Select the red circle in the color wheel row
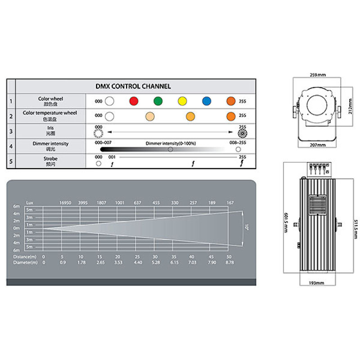[x=133, y=101]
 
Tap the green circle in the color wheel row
[x=157, y=101]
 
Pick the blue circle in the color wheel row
[x=207, y=101]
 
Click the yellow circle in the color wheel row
[x=182, y=101]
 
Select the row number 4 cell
[x=11, y=146]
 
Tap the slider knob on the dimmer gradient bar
[x=170, y=149]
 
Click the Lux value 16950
[x=66, y=203]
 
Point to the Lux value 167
[x=230, y=203]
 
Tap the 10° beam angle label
[x=247, y=228]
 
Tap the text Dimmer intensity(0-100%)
[x=165, y=143]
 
